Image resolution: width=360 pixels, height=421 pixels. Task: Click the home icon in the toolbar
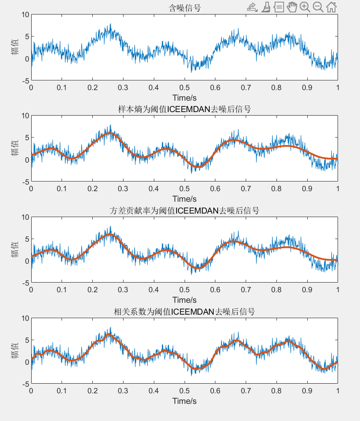pyautogui.click(x=332, y=7)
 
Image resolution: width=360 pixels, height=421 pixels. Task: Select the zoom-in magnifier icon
pyautogui.click(x=305, y=7)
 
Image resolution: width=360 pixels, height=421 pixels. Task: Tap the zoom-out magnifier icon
pyautogui.click(x=318, y=7)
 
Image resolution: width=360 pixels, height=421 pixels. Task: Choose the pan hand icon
pyautogui.click(x=292, y=7)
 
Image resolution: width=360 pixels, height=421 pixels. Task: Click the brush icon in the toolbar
pyautogui.click(x=265, y=7)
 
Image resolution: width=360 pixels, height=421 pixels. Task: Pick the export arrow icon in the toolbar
pyautogui.click(x=252, y=7)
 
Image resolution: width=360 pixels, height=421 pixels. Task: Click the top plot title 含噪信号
pyautogui.click(x=185, y=8)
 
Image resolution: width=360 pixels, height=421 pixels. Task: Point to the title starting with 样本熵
pyautogui.click(x=184, y=109)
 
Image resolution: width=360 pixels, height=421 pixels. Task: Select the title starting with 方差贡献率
pyautogui.click(x=184, y=210)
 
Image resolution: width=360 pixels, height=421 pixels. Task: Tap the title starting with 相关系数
pyautogui.click(x=184, y=312)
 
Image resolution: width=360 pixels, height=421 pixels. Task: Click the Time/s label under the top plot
pyautogui.click(x=184, y=98)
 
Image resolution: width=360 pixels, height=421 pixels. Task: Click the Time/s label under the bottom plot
pyautogui.click(x=184, y=401)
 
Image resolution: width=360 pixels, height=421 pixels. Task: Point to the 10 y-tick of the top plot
pyautogui.click(x=25, y=15)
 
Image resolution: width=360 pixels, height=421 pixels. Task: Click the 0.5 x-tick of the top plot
pyautogui.click(x=184, y=87)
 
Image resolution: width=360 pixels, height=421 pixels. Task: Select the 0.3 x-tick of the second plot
pyautogui.click(x=123, y=189)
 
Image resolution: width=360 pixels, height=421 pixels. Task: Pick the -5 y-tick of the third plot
pyautogui.click(x=25, y=283)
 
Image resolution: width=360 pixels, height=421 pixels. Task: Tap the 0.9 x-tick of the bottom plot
pyautogui.click(x=307, y=391)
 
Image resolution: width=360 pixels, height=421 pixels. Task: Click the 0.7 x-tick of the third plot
pyautogui.click(x=246, y=290)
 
